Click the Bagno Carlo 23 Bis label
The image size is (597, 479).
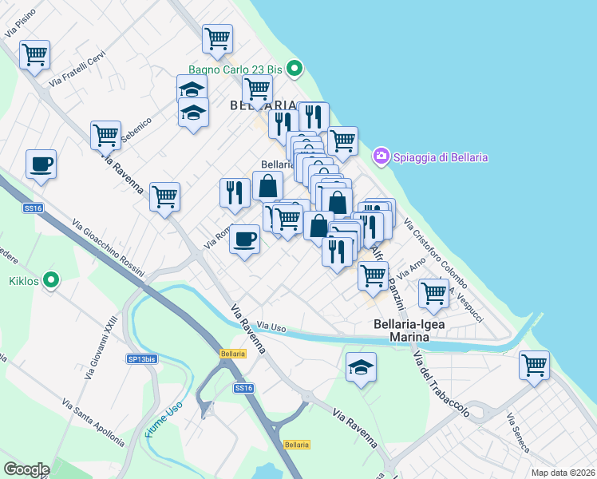point(236,69)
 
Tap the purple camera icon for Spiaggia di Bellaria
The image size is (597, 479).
point(382,154)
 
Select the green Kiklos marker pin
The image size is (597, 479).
point(51,280)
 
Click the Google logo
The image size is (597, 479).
point(26,469)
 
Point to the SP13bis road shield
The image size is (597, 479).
point(141,359)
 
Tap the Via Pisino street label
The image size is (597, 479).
point(21,26)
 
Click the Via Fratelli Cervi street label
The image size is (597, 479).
point(77,69)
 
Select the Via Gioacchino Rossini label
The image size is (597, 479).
point(107,247)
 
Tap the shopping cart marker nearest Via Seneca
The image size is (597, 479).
point(534,365)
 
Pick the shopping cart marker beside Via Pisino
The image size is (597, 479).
point(35,55)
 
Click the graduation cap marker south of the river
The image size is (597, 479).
point(362,367)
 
